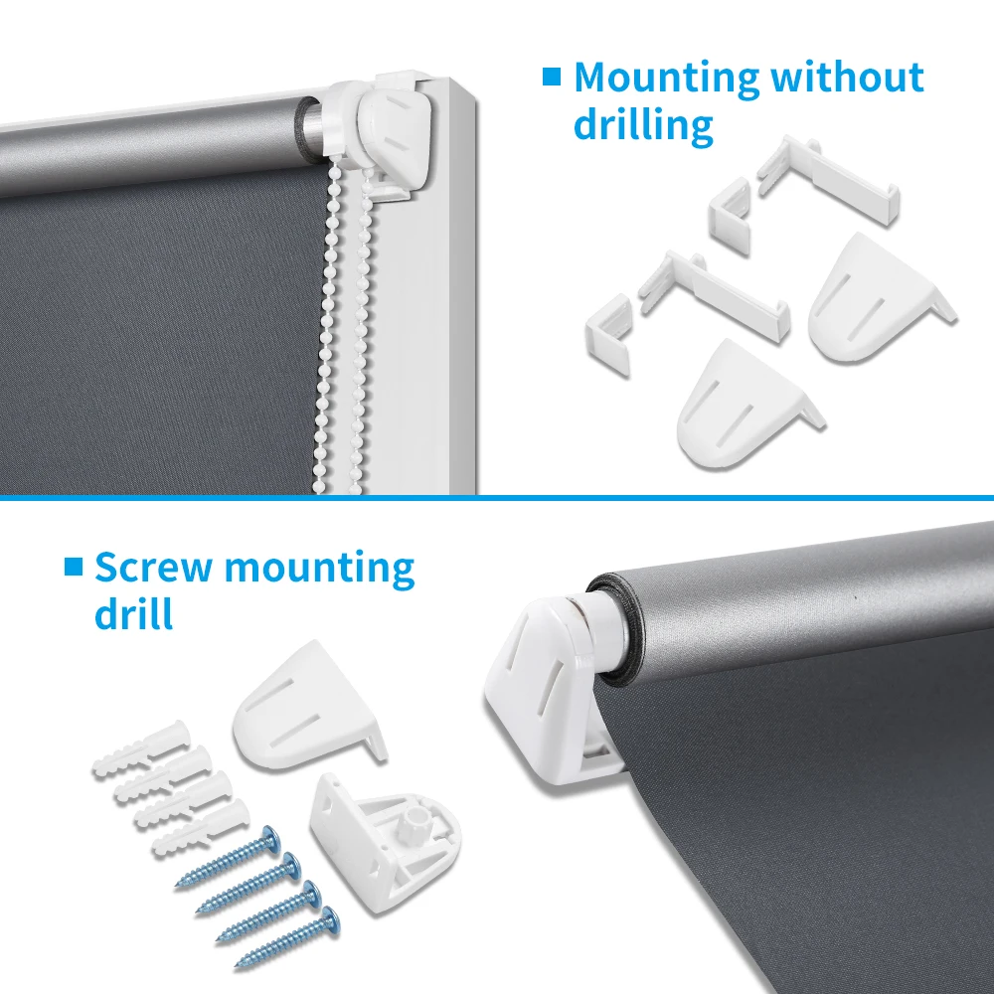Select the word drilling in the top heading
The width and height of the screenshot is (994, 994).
click(x=643, y=126)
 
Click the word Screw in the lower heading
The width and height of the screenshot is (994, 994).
click(x=153, y=568)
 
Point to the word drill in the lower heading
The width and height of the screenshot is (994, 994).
click(x=134, y=614)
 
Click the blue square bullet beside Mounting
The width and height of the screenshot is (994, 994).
click(x=552, y=77)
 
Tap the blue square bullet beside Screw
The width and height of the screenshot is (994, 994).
click(x=73, y=567)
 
